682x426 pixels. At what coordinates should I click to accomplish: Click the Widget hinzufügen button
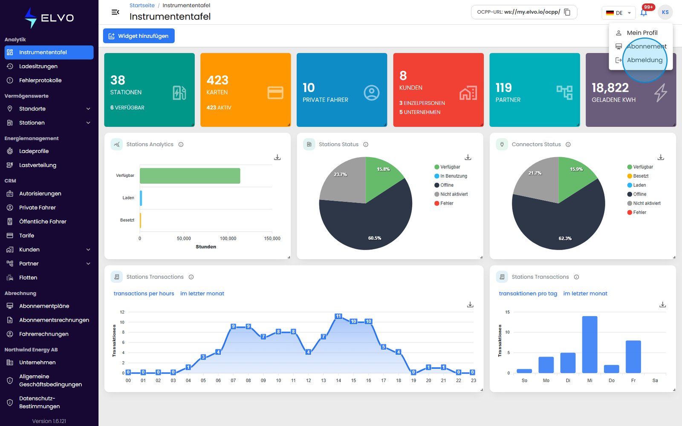click(139, 36)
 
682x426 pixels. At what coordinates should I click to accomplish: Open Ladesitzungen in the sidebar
click(38, 66)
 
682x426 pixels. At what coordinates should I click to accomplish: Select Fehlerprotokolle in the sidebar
click(40, 81)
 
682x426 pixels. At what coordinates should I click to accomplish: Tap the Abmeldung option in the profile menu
click(644, 60)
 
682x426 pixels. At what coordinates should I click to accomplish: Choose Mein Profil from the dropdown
click(642, 32)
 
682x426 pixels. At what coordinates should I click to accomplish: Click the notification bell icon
click(643, 13)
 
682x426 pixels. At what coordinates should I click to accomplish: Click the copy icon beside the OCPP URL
click(567, 12)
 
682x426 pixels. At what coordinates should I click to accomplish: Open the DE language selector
click(618, 13)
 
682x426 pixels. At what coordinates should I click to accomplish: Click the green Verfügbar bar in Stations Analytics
click(190, 176)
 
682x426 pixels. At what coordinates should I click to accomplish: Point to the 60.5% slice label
click(375, 238)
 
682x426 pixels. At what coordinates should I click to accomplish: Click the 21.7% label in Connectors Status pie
click(535, 173)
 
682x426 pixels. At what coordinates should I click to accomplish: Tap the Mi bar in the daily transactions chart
click(590, 345)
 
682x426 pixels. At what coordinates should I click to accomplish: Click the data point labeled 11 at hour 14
click(338, 316)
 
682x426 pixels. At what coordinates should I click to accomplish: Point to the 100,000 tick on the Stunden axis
click(228, 239)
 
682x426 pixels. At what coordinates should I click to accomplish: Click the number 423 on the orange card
click(217, 80)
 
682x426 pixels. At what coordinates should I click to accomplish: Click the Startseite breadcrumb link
click(142, 5)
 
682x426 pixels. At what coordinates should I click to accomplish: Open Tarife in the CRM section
click(26, 236)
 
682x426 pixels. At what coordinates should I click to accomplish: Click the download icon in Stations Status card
click(468, 157)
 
